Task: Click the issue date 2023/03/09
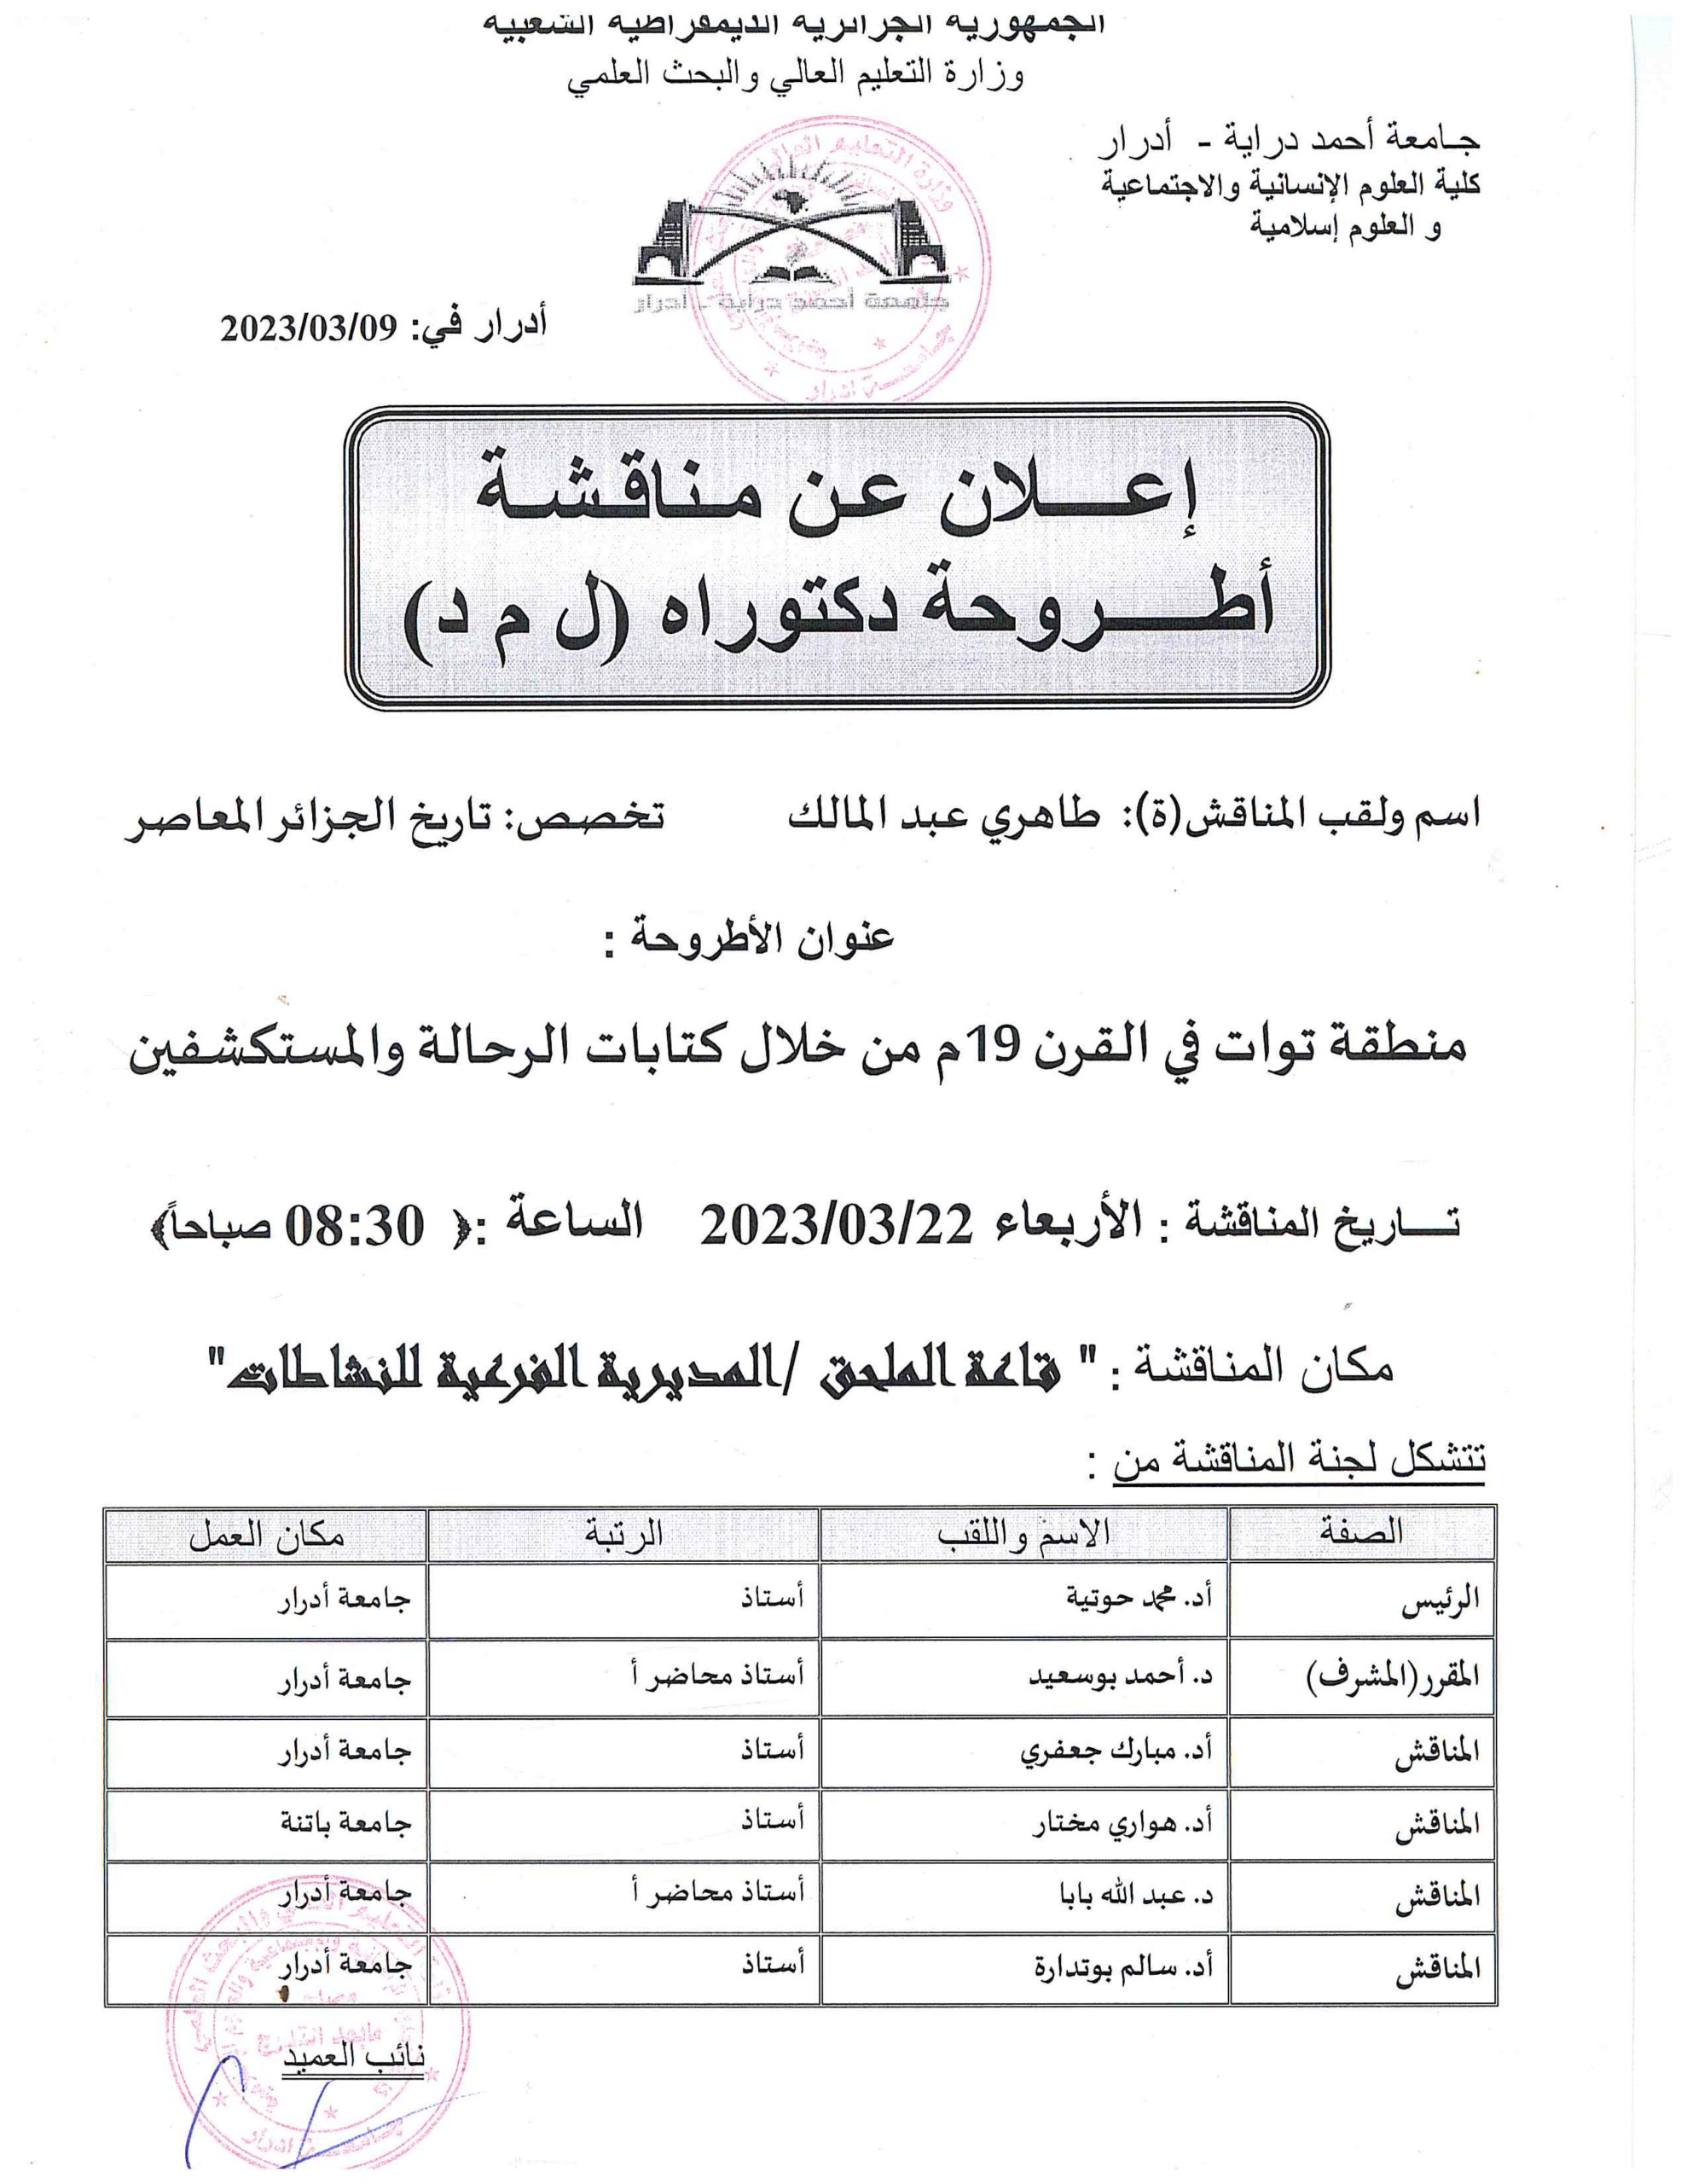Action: point(309,327)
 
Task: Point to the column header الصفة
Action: point(1361,1531)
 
